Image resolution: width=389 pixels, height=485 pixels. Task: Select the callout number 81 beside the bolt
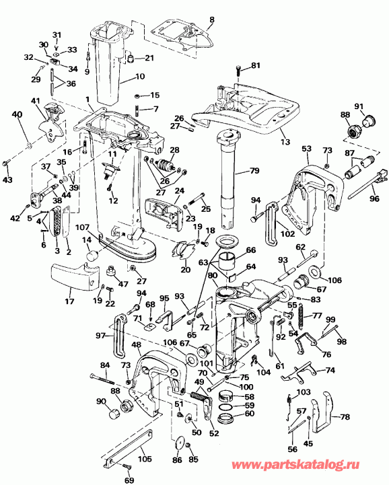[x=255, y=65]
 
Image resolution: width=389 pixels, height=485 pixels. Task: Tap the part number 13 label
[x=284, y=142]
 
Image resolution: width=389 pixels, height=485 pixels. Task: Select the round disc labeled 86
[x=178, y=447]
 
